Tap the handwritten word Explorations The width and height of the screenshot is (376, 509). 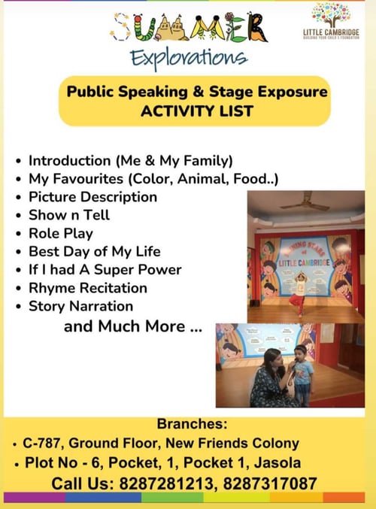point(187,58)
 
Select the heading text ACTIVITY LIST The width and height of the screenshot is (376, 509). point(197,111)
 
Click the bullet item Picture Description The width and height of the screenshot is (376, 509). point(92,197)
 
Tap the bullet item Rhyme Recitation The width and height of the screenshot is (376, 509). point(87,288)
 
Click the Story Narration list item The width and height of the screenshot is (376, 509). point(80,306)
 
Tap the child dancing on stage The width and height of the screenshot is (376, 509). point(299,289)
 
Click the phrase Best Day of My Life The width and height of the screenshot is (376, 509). point(94,251)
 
